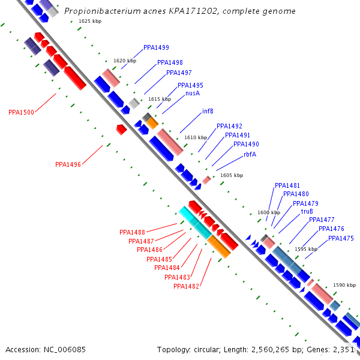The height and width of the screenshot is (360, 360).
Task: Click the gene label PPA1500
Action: (21, 112)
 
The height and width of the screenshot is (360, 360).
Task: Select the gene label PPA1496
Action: (68, 164)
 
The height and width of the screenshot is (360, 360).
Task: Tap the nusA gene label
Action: (193, 93)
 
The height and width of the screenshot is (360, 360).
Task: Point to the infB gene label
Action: (208, 111)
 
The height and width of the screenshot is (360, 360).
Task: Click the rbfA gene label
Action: (250, 154)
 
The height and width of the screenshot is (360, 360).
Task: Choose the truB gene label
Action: (307, 211)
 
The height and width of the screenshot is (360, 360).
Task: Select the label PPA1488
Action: (132, 232)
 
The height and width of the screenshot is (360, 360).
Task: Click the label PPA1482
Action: (186, 286)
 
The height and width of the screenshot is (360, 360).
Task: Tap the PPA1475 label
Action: (341, 238)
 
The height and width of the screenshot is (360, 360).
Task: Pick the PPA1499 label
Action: (156, 47)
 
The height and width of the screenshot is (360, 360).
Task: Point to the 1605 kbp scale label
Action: (232, 175)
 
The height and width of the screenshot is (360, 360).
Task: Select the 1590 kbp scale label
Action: (344, 286)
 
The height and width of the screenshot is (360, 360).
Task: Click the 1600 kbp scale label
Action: (269, 212)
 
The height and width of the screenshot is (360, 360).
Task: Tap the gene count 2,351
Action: (345, 349)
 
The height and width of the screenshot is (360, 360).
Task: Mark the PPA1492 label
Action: (229, 126)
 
